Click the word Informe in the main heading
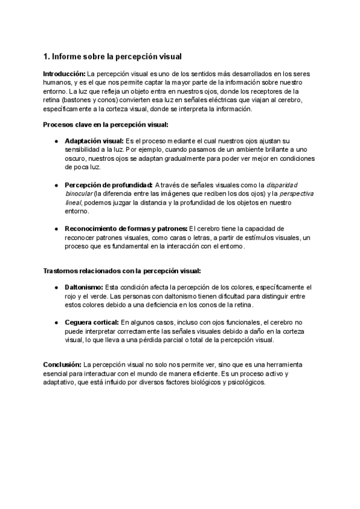point(67,57)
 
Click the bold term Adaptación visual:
point(92,140)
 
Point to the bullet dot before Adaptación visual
point(56,140)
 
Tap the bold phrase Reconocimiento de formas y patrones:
point(126,229)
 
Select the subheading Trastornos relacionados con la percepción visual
point(122,271)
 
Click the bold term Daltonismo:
point(84,288)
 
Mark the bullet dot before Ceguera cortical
point(56,322)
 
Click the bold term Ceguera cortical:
point(92,322)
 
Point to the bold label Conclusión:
point(62,364)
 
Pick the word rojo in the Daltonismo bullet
point(72,297)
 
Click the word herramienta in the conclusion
point(283,364)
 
